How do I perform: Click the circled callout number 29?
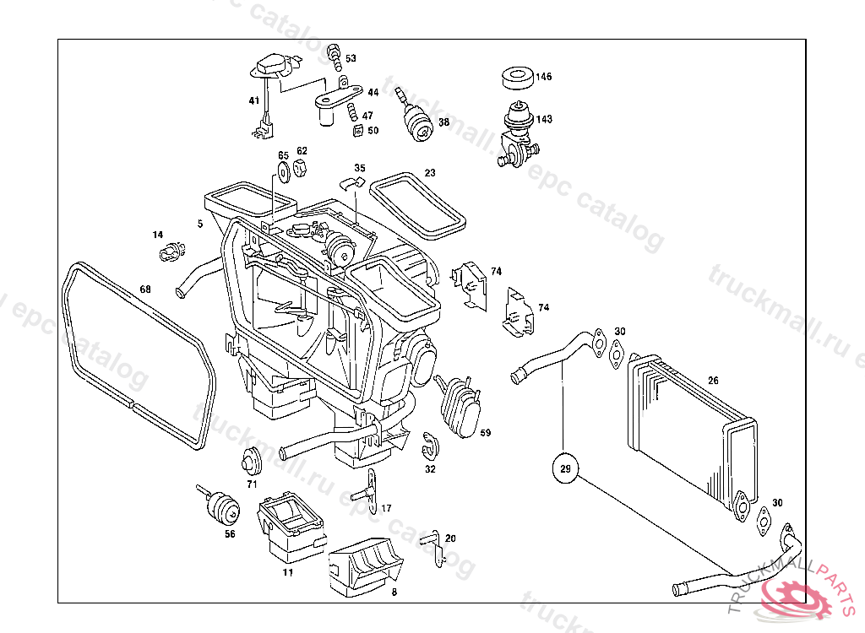[565, 467]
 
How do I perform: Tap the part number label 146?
[543, 77]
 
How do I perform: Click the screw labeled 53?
[335, 57]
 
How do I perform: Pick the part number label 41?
[253, 101]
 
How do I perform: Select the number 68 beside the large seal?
[145, 290]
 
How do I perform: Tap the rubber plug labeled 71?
[251, 462]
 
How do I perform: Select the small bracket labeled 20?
[434, 544]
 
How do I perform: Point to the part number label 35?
[360, 169]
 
